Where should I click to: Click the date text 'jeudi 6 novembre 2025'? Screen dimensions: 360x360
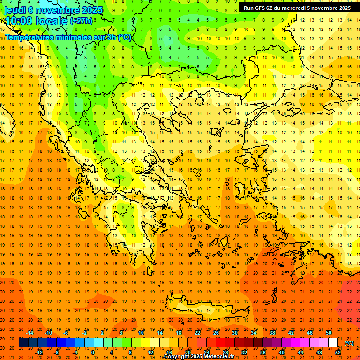47,9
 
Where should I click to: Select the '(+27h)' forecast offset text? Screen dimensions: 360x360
81,21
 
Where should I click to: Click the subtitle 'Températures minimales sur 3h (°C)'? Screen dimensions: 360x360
68,37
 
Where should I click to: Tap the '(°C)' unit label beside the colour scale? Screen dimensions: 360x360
349,343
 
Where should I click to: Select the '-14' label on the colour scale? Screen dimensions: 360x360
30,333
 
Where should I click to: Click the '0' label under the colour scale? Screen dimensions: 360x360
93,352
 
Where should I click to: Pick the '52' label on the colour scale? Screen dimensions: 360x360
338,352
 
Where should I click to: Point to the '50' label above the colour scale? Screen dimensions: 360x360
329,333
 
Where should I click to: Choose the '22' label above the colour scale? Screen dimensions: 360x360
197,333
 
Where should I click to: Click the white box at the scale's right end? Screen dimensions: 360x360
333,343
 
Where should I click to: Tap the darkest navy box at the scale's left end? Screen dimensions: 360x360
23,343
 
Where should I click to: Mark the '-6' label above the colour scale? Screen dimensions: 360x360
66,333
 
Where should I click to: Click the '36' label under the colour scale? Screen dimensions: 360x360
262,352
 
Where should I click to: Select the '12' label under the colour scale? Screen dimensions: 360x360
150,352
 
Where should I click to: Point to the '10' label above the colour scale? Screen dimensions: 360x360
141,333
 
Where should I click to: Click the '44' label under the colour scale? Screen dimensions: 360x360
300,352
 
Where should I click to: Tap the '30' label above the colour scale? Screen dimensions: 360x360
235,333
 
